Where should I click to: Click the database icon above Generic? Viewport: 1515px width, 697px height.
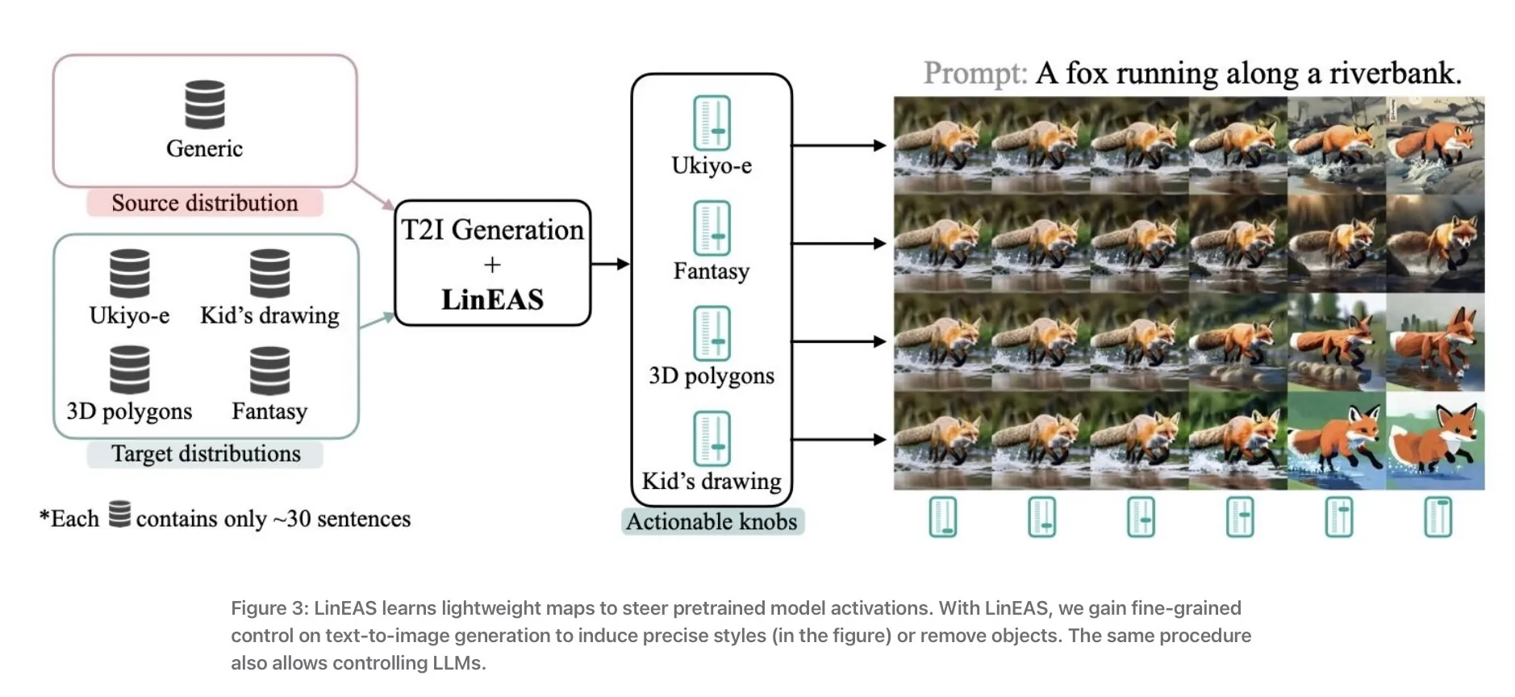coord(204,104)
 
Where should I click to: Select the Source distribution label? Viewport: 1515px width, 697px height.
coord(204,202)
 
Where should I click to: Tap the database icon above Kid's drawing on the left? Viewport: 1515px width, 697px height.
coord(269,273)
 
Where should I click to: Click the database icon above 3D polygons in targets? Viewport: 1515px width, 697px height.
coord(130,369)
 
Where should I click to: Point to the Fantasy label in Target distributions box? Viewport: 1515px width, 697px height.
coord(269,411)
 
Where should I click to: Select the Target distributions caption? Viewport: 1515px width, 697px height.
coord(205,453)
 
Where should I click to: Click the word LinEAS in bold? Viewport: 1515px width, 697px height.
coord(492,299)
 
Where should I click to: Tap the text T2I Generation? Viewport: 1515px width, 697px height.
coord(492,230)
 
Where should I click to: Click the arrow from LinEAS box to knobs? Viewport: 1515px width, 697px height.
coord(610,264)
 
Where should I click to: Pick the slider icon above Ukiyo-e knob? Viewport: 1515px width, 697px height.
coord(712,123)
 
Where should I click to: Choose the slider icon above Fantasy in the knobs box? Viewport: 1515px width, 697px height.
coord(712,228)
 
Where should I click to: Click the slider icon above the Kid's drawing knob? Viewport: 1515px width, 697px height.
coord(712,439)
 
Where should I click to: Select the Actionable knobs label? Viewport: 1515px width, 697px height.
coord(712,522)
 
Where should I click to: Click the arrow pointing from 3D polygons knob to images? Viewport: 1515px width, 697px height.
coord(839,341)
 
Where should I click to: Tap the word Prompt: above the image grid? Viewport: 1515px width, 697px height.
coord(975,73)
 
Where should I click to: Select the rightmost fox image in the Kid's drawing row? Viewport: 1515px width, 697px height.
coord(1435,440)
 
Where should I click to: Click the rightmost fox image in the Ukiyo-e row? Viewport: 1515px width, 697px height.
coord(1435,145)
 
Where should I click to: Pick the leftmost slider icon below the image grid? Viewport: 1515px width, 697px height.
coord(942,517)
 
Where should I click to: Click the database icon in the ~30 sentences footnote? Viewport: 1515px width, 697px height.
coord(119,514)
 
